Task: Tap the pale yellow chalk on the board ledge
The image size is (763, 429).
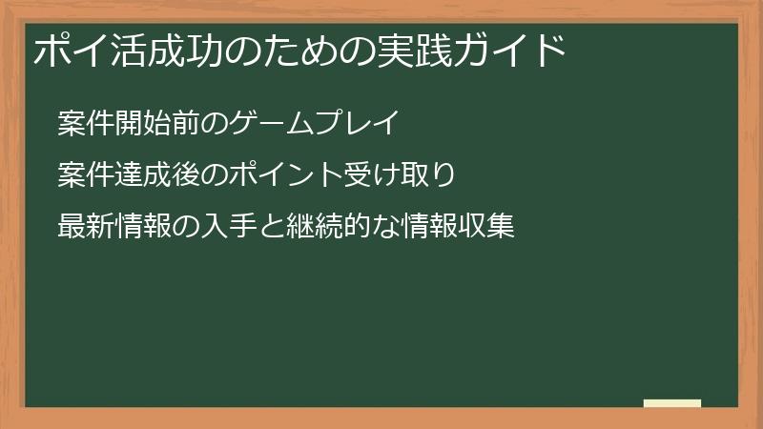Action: point(672,403)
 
